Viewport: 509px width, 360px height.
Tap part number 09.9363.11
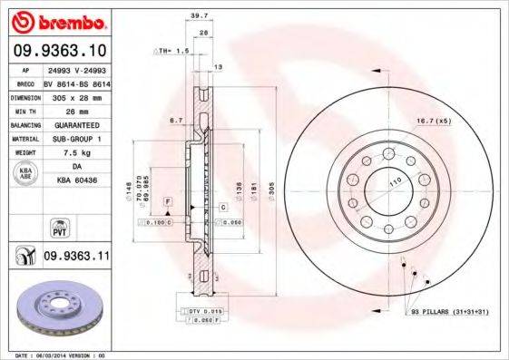(x=76, y=257)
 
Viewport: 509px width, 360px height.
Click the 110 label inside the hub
(x=396, y=184)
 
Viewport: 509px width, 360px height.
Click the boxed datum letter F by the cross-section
(x=168, y=199)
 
